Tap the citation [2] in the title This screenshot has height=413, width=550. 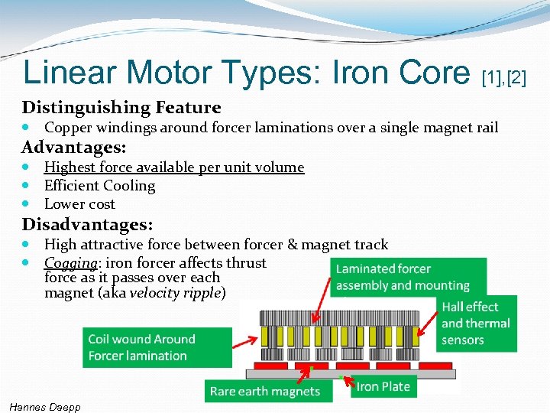click(516, 77)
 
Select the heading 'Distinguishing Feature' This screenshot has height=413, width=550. click(121, 108)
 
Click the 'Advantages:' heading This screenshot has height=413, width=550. click(74, 147)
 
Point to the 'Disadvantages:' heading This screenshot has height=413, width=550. click(87, 225)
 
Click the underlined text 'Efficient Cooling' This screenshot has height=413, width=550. click(99, 186)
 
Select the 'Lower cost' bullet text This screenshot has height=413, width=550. click(79, 204)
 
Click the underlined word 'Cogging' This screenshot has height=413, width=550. click(70, 263)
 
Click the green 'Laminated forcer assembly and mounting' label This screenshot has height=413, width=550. click(408, 277)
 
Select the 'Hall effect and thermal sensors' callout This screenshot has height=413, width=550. click(478, 323)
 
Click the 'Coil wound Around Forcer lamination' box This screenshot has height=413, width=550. click(157, 347)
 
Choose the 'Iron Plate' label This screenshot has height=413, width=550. click(383, 386)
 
